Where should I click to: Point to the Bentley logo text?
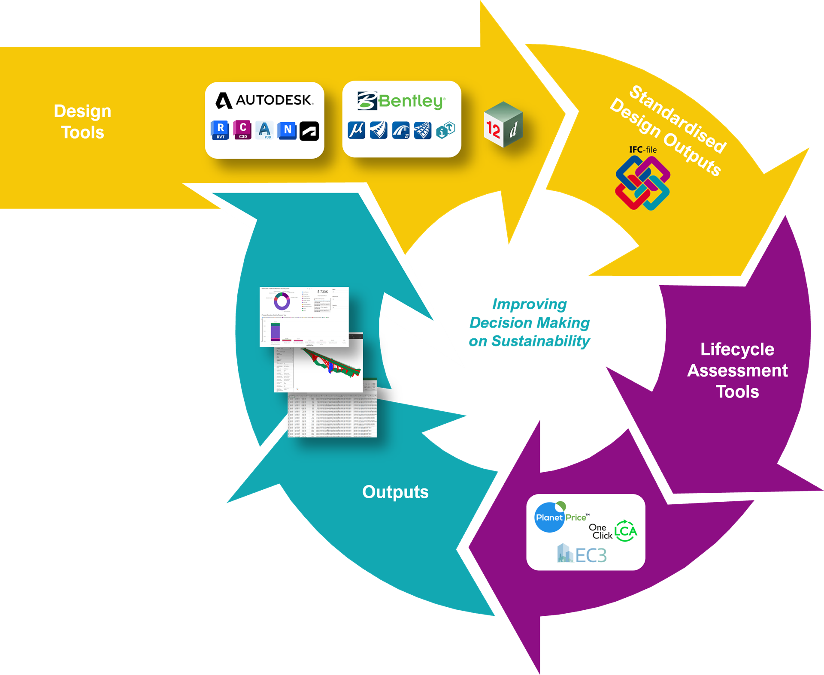click(402, 101)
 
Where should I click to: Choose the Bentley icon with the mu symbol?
click(357, 130)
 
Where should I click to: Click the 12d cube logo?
click(503, 125)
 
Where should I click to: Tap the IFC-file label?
click(642, 150)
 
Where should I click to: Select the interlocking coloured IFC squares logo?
click(642, 183)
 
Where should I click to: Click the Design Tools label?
click(82, 122)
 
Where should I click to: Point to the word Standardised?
click(678, 119)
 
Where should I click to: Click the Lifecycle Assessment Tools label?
click(737, 370)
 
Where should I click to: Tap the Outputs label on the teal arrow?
click(395, 492)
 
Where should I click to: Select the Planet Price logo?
click(560, 517)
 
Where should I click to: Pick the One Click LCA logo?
click(613, 531)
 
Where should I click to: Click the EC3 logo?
click(582, 554)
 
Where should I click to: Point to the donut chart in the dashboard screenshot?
click(282, 301)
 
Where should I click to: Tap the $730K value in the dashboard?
click(322, 292)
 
